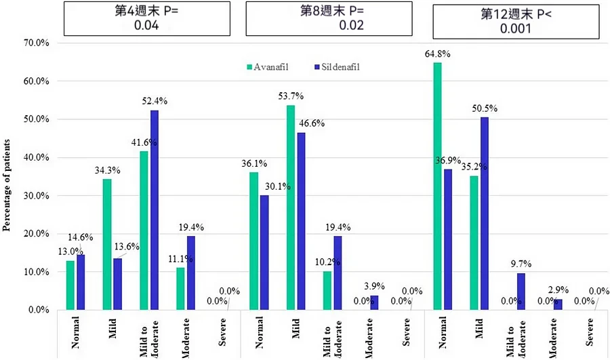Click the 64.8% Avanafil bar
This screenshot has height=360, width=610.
[437, 186]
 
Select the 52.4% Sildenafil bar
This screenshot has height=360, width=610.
[155, 210]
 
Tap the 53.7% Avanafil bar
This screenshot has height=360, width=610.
[291, 207]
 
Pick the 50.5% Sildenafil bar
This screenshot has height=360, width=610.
[483, 214]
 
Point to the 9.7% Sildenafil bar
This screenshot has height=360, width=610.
[520, 292]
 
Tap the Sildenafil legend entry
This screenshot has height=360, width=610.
[340, 66]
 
